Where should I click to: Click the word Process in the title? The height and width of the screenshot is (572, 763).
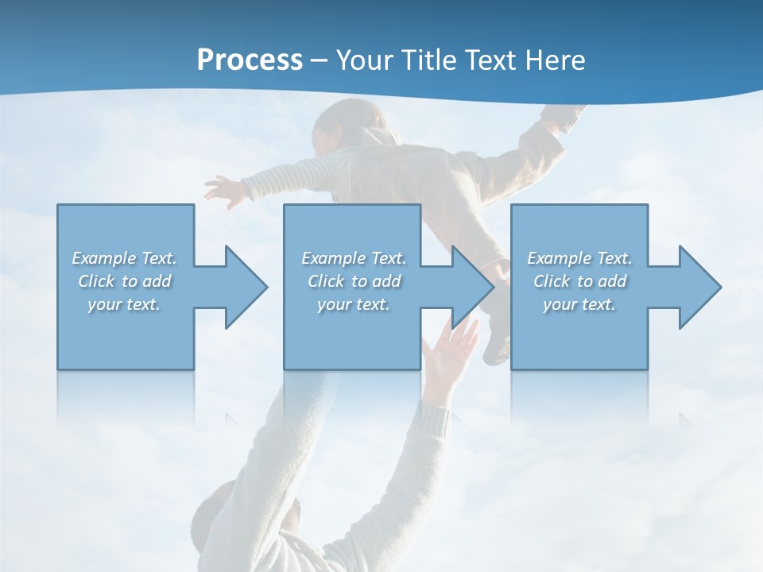250,60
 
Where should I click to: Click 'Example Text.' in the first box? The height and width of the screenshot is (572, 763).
124,258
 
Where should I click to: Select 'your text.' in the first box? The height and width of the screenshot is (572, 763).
124,304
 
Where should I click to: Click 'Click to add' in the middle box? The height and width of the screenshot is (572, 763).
354,281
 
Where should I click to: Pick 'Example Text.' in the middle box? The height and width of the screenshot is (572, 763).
354,258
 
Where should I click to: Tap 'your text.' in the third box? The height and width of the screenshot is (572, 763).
579,304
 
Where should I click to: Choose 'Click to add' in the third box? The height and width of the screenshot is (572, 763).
579,281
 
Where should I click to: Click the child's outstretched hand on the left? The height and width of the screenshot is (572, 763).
225,191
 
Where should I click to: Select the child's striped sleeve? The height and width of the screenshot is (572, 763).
278,179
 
